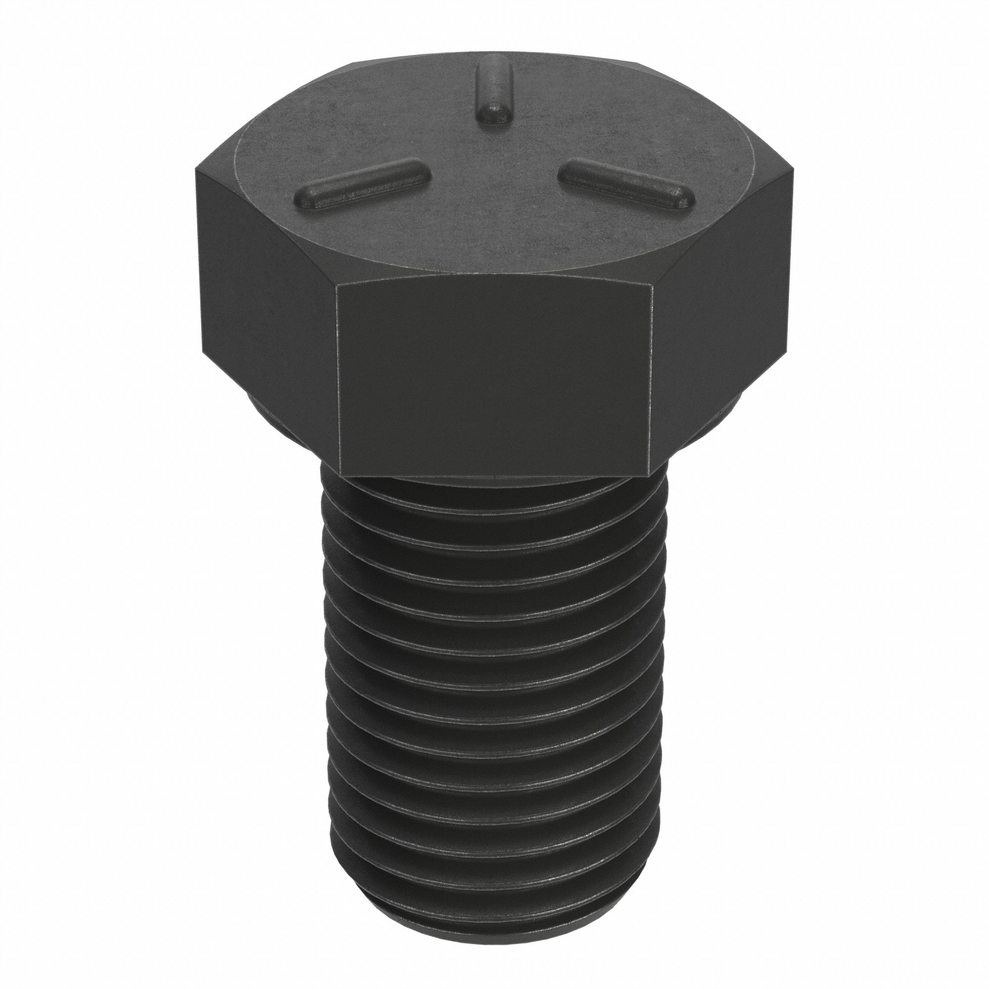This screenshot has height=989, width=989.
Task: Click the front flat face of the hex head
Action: [x=494, y=379]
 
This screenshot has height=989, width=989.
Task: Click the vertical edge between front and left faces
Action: [x=337, y=379]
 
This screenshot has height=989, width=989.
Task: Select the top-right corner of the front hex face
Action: [x=654, y=287]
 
